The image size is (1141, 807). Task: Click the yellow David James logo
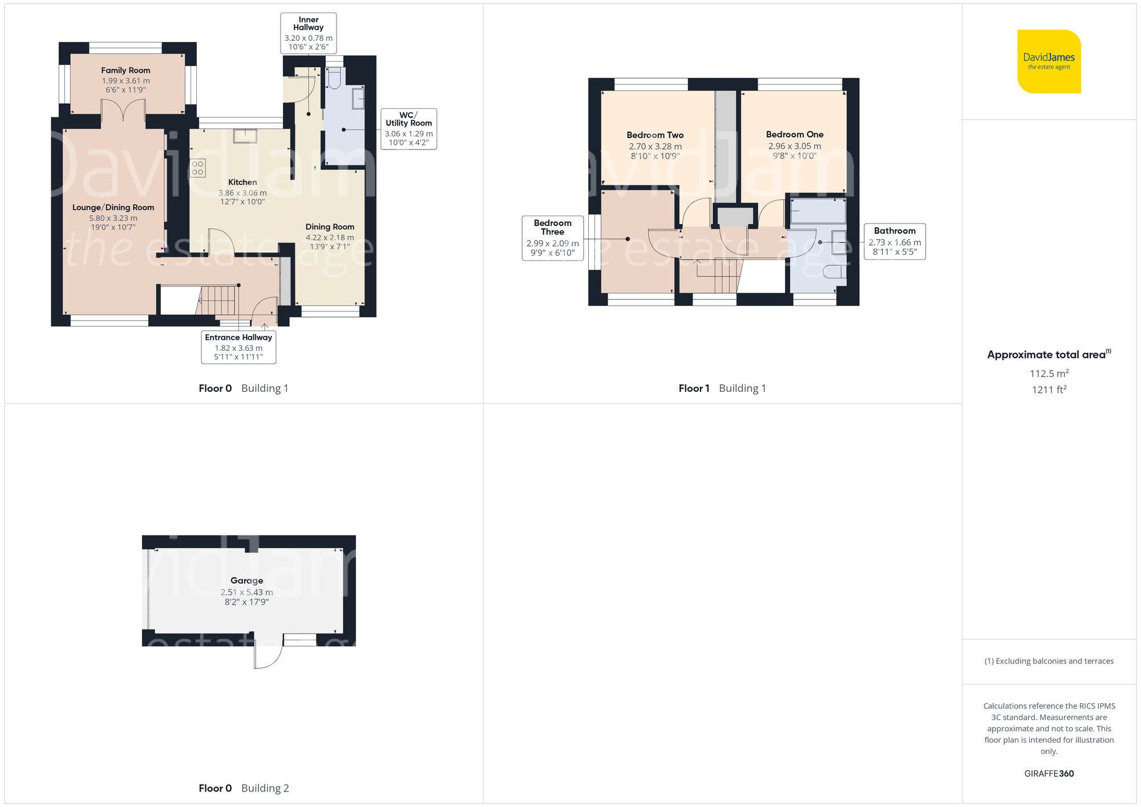coord(1049,62)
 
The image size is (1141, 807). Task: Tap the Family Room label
coord(126,71)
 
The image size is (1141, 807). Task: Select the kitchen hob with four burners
coord(198,168)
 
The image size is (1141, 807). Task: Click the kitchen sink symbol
coord(245,136)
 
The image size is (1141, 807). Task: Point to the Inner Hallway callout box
coord(308,34)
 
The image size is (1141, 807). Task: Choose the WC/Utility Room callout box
coord(408,129)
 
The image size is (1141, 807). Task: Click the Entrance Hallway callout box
coord(238,347)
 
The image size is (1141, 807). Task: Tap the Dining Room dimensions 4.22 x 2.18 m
coord(330,237)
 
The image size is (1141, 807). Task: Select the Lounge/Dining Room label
coord(113,208)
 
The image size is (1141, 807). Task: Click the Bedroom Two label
coord(655,135)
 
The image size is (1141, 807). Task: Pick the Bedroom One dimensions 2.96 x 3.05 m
coord(794,146)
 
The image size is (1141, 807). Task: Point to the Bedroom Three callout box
coord(552,238)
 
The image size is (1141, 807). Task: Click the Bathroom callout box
coord(894,241)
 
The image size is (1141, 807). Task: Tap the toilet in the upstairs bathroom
coord(835,272)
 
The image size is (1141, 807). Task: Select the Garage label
coord(246,581)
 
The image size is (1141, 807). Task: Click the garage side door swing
coord(268,654)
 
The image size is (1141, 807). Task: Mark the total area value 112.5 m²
coord(1049,374)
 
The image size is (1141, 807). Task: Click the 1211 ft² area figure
coord(1049,390)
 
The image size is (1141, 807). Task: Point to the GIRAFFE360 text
coord(1049,774)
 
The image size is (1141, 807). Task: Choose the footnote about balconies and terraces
coord(1049,661)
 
